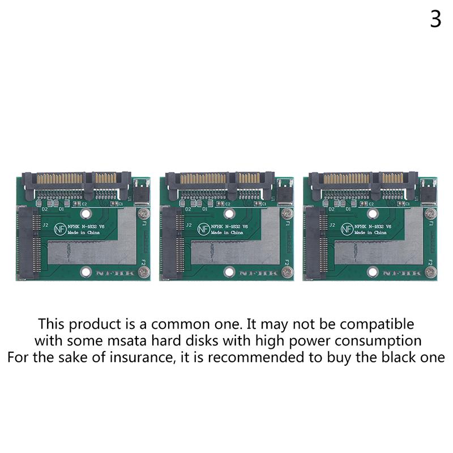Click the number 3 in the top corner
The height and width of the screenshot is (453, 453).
[x=435, y=19]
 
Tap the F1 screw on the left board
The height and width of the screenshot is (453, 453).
[x=144, y=214]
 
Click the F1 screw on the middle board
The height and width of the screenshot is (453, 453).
[x=286, y=214]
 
